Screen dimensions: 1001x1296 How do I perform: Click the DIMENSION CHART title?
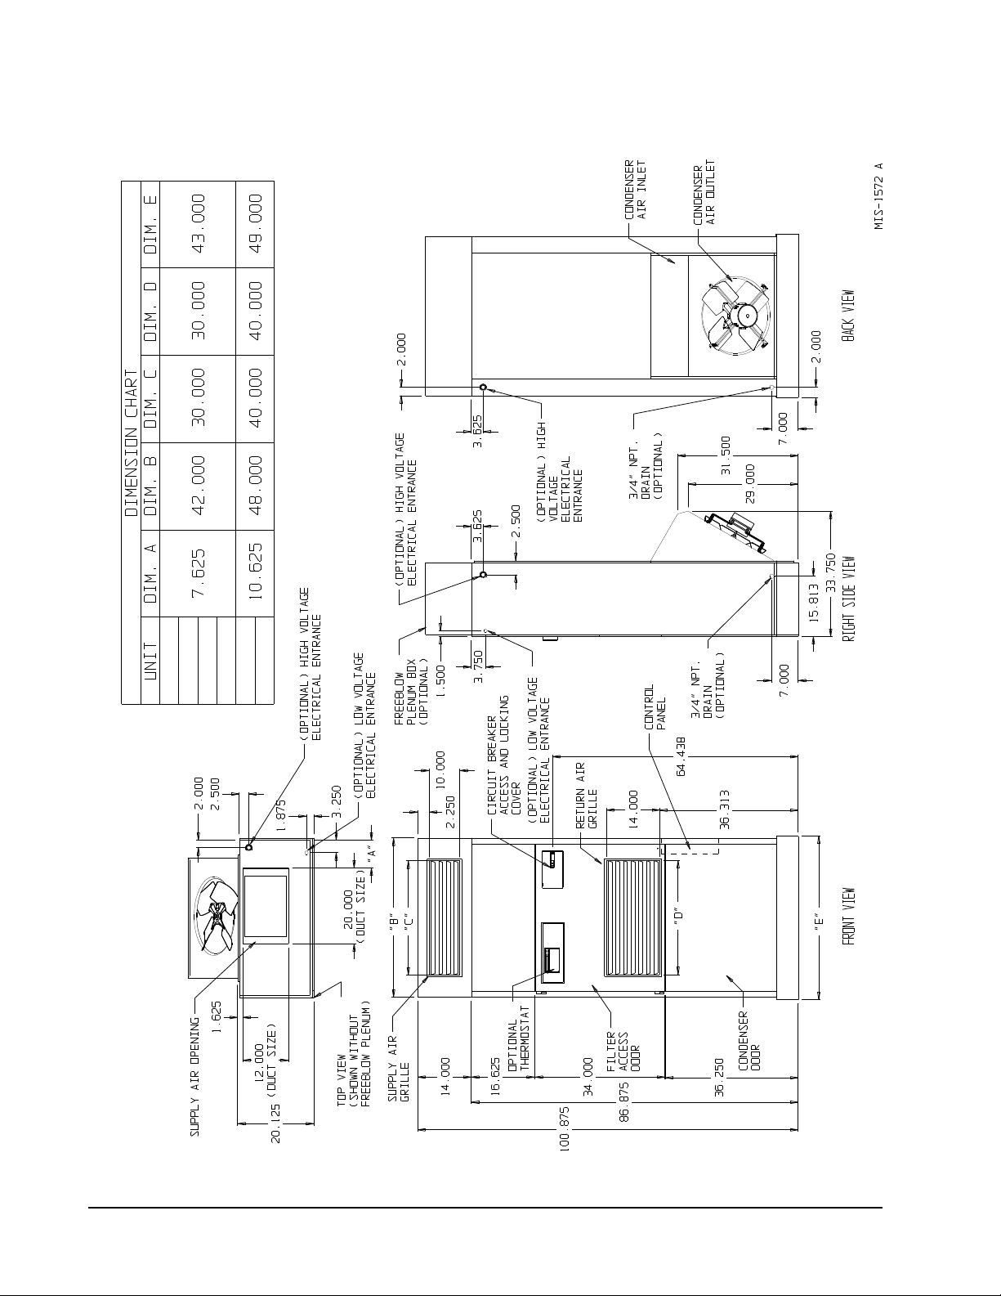tap(131, 444)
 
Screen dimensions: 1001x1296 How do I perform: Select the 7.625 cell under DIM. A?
tap(198, 573)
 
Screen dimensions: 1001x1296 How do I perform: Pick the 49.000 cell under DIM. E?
tap(255, 224)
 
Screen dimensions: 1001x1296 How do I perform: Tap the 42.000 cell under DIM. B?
tap(198, 486)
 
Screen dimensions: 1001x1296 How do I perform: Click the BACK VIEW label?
tap(848, 316)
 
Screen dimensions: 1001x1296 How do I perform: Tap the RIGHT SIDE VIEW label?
tap(848, 599)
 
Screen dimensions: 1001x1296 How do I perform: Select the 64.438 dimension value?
tap(681, 757)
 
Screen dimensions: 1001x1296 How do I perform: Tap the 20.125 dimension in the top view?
tap(275, 1123)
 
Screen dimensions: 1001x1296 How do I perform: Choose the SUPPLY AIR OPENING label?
tap(194, 1077)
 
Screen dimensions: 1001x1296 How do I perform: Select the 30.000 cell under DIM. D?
tap(198, 311)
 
